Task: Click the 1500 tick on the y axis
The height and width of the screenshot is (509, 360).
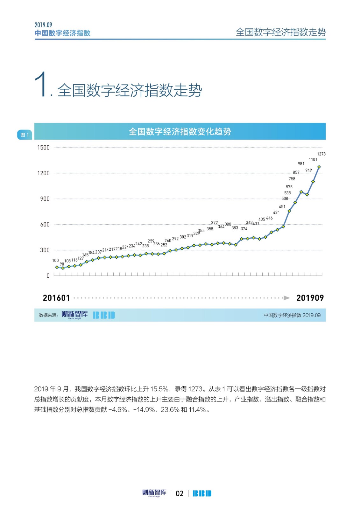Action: [x=43, y=148]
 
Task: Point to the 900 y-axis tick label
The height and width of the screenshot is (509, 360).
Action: [x=45, y=199]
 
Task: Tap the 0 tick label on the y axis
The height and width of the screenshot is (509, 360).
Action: [x=48, y=276]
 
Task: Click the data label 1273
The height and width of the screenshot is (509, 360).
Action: [x=321, y=154]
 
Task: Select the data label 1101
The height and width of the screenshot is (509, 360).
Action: [x=313, y=159]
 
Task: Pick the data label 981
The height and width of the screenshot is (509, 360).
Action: [x=301, y=164]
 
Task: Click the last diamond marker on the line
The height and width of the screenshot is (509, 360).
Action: [x=319, y=167]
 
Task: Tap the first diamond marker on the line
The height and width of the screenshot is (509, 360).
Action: [x=57, y=267]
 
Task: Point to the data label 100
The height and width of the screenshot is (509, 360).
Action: [x=55, y=261]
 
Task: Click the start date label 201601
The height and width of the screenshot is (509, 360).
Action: [x=56, y=298]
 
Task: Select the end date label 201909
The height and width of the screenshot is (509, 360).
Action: [x=310, y=298]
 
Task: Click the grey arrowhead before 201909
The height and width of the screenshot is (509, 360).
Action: [x=287, y=298]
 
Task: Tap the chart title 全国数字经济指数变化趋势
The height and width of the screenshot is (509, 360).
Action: [x=180, y=131]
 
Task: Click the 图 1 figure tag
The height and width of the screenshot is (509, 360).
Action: [x=25, y=135]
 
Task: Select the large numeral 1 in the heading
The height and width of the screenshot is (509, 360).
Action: [x=40, y=84]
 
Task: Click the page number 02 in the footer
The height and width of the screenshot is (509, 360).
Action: [x=180, y=493]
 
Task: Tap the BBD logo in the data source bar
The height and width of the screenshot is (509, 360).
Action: [x=104, y=315]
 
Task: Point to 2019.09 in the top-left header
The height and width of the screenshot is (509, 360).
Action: [x=43, y=25]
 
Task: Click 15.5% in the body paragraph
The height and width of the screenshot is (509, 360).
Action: [x=159, y=389]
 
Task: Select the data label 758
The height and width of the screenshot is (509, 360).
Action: [x=292, y=179]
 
